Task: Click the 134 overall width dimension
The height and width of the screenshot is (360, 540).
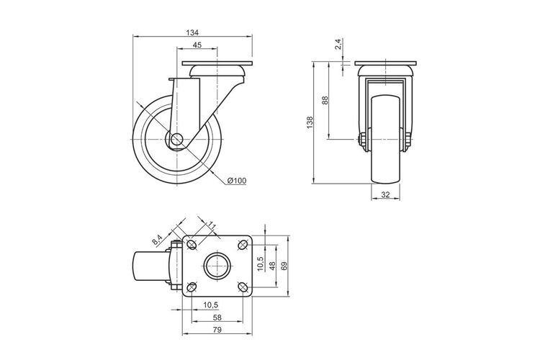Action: [x=192, y=32]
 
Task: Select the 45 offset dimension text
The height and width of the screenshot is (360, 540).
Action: [x=197, y=45]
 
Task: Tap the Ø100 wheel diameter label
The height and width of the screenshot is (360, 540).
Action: [x=237, y=181]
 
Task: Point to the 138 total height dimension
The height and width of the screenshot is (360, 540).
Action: [x=310, y=123]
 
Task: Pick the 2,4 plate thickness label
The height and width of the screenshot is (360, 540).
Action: [x=338, y=44]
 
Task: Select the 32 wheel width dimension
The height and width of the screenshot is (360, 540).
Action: [x=385, y=194]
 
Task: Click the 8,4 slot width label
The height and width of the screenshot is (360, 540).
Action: [x=157, y=240]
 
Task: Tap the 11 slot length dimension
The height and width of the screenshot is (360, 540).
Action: [x=211, y=225]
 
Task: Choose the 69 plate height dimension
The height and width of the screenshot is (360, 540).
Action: [x=284, y=266]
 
